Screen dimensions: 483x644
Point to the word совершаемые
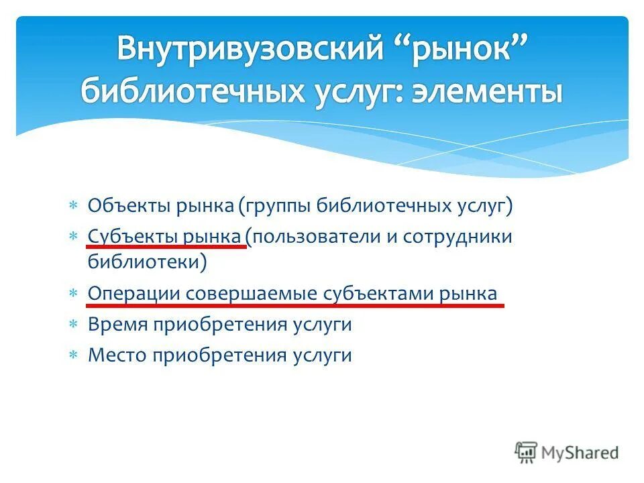coord(251,294)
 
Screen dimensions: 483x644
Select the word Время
coord(117,325)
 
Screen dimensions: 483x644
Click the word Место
coord(117,355)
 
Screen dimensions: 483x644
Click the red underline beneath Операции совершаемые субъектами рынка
coord(295,304)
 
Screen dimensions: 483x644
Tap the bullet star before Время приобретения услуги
coord(74,325)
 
